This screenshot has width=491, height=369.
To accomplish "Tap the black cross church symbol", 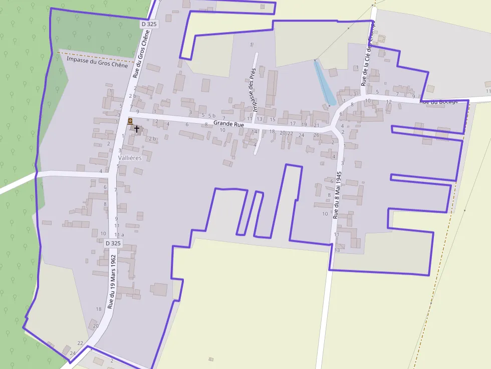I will [137, 129].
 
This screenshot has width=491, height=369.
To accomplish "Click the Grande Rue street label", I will [228, 123].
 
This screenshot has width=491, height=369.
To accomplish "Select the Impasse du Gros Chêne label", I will [97, 62].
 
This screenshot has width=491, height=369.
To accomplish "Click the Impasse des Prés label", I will [254, 90].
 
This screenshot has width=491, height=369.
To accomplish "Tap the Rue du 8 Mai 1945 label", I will [337, 195].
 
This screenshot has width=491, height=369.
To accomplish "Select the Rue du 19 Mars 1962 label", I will [112, 281].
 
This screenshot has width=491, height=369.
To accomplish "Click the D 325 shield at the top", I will [149, 24].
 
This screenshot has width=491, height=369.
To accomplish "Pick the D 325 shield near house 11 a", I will [113, 243].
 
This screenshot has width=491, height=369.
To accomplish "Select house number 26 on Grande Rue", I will [316, 135].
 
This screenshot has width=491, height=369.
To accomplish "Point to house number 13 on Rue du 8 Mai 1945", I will [337, 250].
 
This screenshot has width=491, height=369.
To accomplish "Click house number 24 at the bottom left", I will [72, 353].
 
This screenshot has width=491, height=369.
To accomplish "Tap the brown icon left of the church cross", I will [130, 121].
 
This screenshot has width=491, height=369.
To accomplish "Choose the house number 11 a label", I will [119, 234].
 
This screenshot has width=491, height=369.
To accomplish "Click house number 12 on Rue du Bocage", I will [389, 102].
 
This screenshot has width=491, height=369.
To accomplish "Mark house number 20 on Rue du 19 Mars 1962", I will [96, 325].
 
